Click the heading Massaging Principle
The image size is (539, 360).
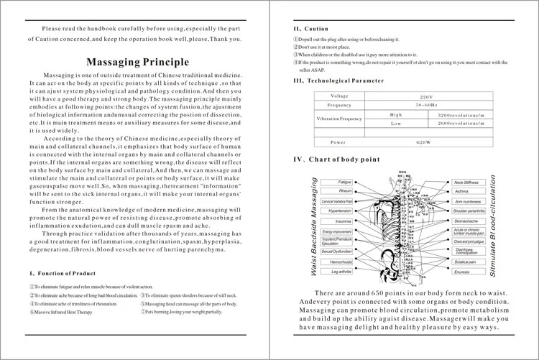[137, 62]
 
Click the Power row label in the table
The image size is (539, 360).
[338, 142]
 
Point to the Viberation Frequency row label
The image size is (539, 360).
[339, 119]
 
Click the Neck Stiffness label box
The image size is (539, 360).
[466, 183]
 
